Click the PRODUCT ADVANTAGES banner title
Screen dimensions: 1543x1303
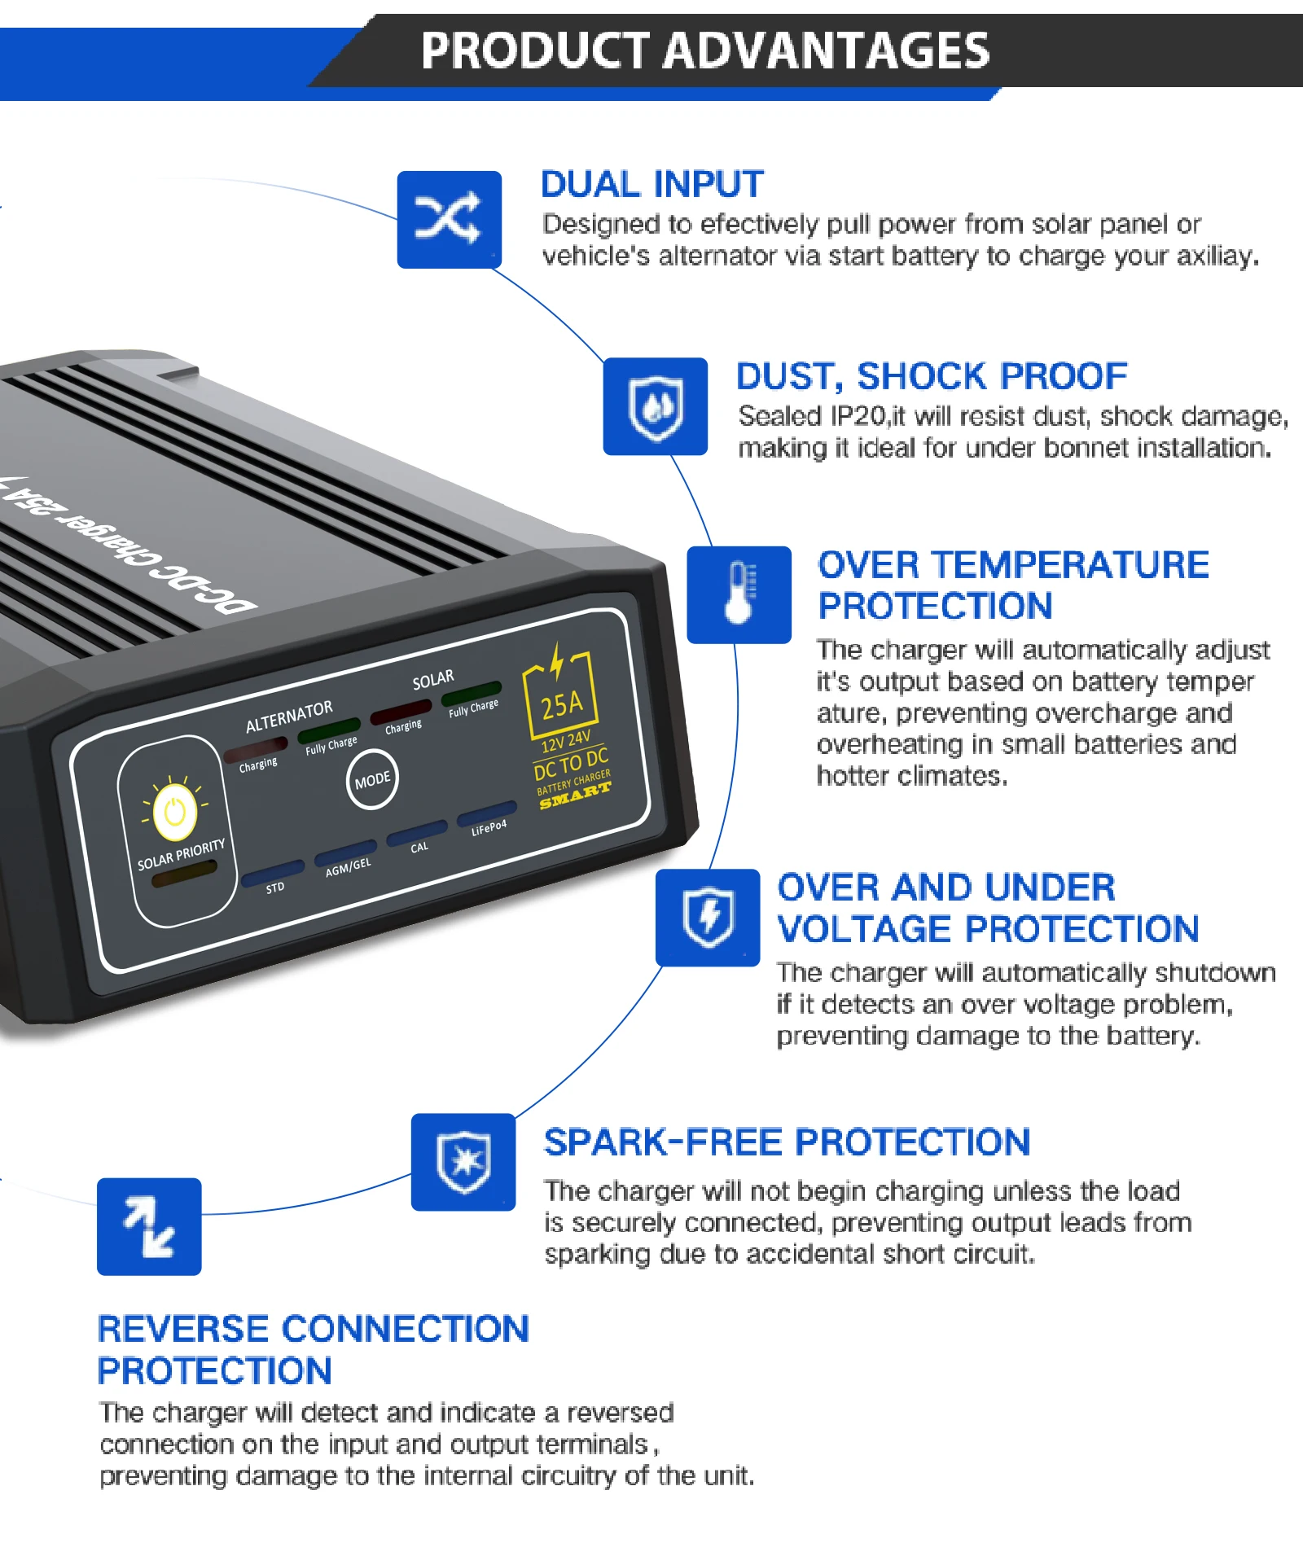704,51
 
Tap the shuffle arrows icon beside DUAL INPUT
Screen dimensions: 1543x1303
449,219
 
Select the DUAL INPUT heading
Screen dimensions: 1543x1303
651,185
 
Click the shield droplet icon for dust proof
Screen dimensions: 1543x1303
655,406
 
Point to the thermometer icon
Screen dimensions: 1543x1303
739,594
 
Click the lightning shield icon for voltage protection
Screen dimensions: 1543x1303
708,918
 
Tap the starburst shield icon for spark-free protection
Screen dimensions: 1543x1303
463,1162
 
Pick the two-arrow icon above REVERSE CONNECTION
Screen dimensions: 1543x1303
149,1226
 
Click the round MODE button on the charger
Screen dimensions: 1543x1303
372,780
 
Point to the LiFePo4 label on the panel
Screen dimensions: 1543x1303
489,829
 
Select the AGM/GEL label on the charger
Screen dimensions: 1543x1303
348,868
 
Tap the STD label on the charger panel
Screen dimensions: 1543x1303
275,888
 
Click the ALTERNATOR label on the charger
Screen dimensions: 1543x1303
289,716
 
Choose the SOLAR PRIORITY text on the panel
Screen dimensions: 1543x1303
181,855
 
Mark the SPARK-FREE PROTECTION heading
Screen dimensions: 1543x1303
787,1142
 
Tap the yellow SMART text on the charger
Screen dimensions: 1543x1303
575,796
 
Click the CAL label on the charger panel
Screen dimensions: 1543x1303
419,848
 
